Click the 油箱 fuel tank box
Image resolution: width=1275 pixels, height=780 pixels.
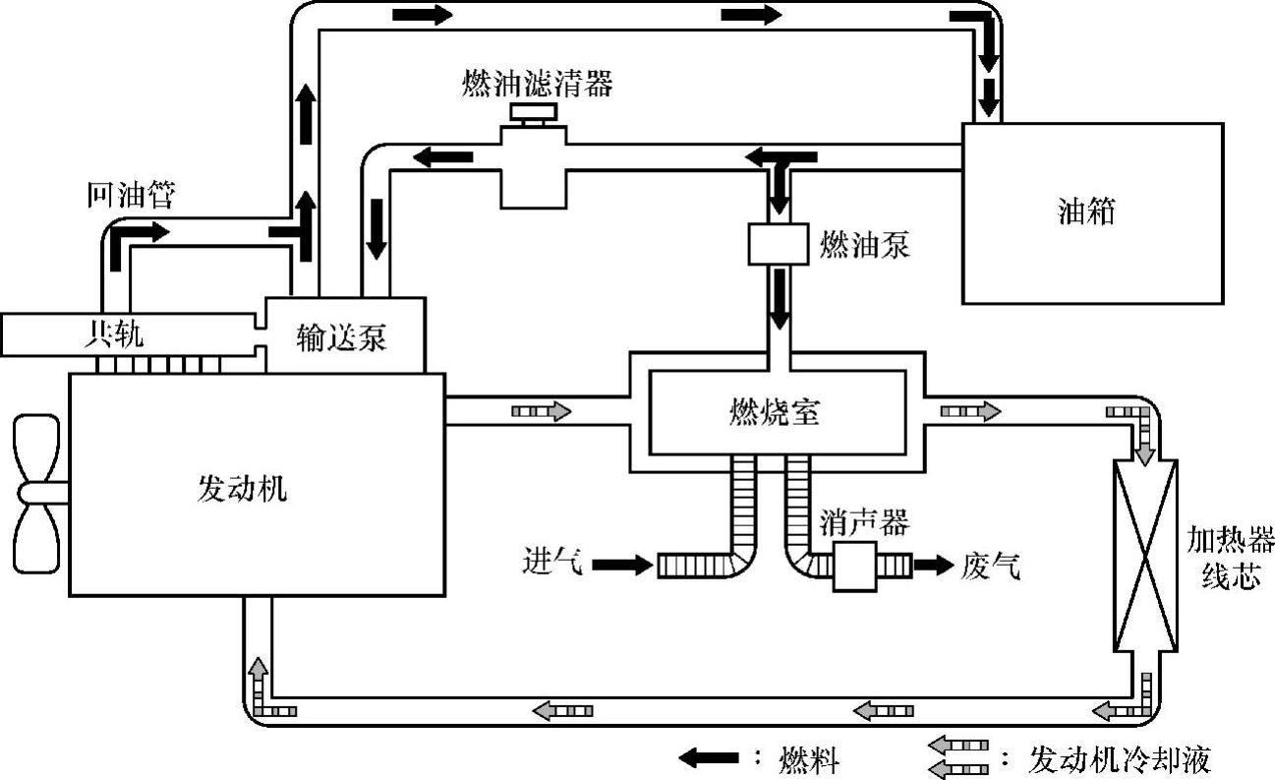[1091, 213]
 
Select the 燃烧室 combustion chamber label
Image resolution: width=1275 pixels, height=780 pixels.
[776, 411]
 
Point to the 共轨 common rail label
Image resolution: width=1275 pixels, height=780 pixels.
[113, 335]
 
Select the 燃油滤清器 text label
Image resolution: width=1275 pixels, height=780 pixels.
[538, 84]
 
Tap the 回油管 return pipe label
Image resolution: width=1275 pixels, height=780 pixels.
[129, 196]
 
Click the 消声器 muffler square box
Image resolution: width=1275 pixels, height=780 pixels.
[854, 566]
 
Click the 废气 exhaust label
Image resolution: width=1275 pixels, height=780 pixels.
[990, 566]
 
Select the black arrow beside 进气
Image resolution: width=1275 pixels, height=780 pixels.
[622, 565]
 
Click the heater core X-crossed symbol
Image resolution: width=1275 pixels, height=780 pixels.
[1145, 555]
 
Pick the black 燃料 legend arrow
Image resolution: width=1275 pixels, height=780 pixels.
[709, 758]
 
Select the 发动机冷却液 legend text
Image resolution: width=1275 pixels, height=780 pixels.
[1119, 759]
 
